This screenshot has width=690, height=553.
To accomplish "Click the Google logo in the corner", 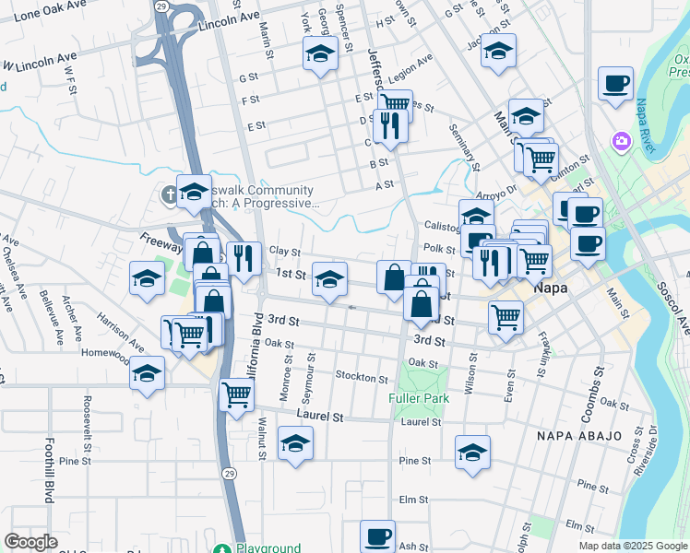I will [30, 541].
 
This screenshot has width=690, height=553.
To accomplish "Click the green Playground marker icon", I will [221, 548].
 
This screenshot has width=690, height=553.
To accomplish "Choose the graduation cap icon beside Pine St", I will [472, 452].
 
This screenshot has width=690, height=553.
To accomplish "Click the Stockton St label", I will [362, 378].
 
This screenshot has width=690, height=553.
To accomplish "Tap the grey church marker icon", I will [168, 194].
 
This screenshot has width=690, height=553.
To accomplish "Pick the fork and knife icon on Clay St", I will [244, 257].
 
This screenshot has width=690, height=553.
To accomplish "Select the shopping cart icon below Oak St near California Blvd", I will [237, 394].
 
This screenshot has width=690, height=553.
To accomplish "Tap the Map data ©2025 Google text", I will [632, 546].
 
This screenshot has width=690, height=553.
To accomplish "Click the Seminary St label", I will [463, 147].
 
